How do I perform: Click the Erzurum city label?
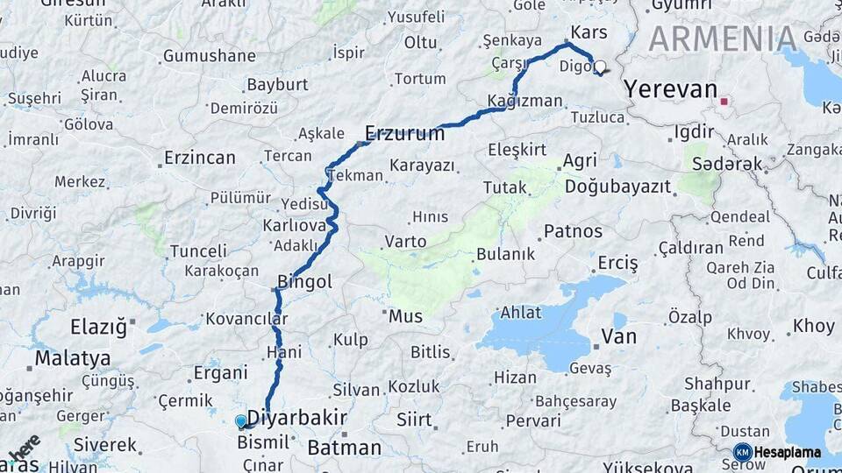pyautogui.click(x=404, y=133)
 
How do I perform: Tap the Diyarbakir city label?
pyautogui.click(x=297, y=417)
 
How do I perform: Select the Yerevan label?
pyautogui.click(x=670, y=89)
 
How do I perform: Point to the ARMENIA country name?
pyautogui.click(x=723, y=39)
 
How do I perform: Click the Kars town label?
pyautogui.click(x=589, y=32)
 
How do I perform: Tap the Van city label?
pyautogui.click(x=619, y=336)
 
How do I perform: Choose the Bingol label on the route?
pyautogui.click(x=304, y=282)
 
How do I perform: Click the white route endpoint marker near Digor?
pyautogui.click(x=600, y=66)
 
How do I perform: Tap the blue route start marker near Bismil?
pyautogui.click(x=241, y=421)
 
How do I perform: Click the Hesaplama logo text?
pyautogui.click(x=787, y=453)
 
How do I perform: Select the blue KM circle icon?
pyautogui.click(x=742, y=453)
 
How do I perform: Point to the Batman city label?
pyautogui.click(x=344, y=448)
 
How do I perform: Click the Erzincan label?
pyautogui.click(x=200, y=159)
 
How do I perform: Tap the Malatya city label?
pyautogui.click(x=73, y=358)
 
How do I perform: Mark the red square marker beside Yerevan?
pyautogui.click(x=724, y=102)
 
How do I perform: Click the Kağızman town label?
pyautogui.click(x=526, y=101)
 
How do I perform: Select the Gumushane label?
pyautogui.click(x=209, y=56)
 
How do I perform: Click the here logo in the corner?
pyautogui.click(x=24, y=448)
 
